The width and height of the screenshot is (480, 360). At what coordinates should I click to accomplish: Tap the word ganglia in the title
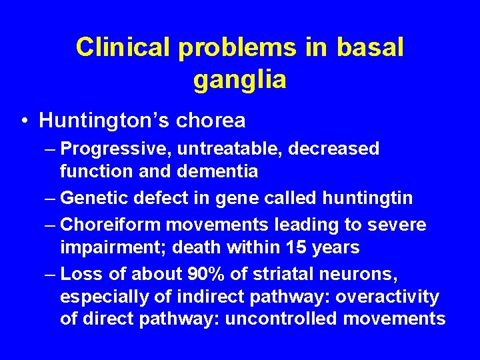240,80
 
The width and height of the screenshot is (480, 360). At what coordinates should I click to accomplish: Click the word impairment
110,248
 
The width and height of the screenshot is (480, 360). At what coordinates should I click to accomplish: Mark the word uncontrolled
283,319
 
